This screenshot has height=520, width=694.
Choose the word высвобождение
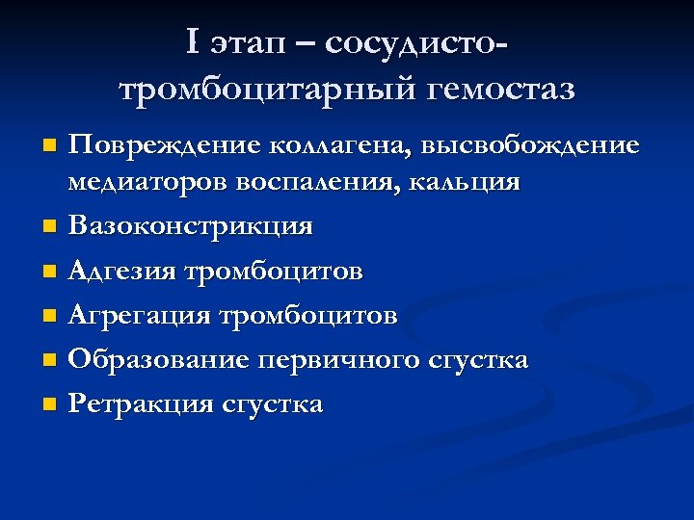point(527,146)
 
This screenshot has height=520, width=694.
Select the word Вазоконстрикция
point(191,226)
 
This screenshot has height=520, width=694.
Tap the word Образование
point(156,360)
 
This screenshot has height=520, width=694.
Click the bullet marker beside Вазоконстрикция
point(50,228)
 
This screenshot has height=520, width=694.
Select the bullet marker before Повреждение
point(50,147)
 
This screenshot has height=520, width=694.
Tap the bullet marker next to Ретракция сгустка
point(50,405)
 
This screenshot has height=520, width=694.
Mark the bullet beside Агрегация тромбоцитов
point(50,317)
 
